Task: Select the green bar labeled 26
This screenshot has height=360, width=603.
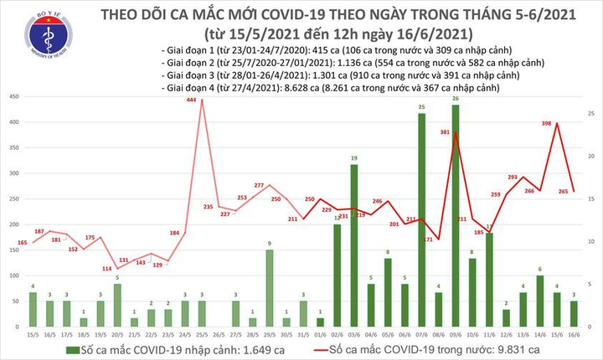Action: tap(456, 226)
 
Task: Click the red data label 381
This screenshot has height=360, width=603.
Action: tap(445, 132)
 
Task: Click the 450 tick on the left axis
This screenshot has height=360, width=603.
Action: tap(15, 97)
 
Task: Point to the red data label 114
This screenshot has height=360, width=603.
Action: tap(107, 269)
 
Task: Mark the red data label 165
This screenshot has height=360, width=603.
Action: tap(23, 243)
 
